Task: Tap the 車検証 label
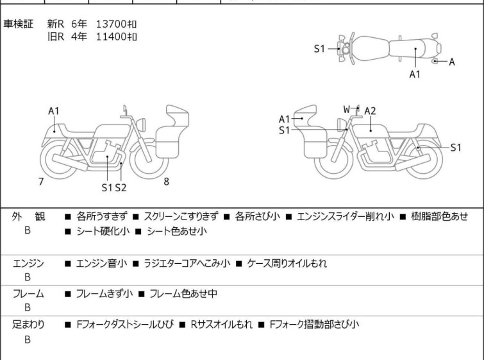(19, 24)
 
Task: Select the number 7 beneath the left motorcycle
(41, 182)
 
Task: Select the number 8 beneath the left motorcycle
(166, 181)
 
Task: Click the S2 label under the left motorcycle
(121, 188)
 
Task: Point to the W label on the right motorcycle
(347, 109)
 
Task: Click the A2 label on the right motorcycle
(370, 111)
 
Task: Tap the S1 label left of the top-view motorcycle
(319, 49)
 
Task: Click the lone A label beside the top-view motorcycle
(451, 62)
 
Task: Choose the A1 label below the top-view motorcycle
(415, 74)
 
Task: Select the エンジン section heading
(28, 263)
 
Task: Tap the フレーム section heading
(28, 294)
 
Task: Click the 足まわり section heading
(28, 325)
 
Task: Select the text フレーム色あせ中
(183, 294)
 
